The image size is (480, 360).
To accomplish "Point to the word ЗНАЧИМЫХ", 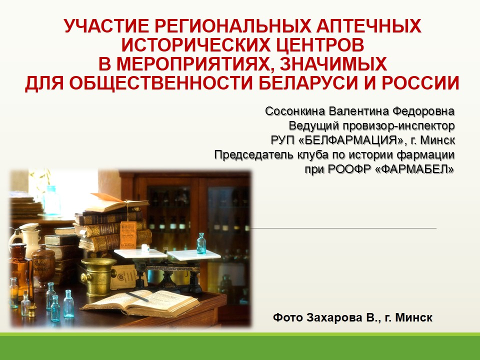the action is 333,64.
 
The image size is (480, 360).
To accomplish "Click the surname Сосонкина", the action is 295,111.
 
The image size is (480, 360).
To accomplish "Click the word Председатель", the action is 254,154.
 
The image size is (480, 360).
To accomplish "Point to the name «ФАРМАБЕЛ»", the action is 414,169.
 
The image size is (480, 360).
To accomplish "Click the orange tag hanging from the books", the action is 128,234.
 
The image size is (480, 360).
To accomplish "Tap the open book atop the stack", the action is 117,203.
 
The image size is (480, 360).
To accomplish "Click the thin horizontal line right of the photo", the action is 343,228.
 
